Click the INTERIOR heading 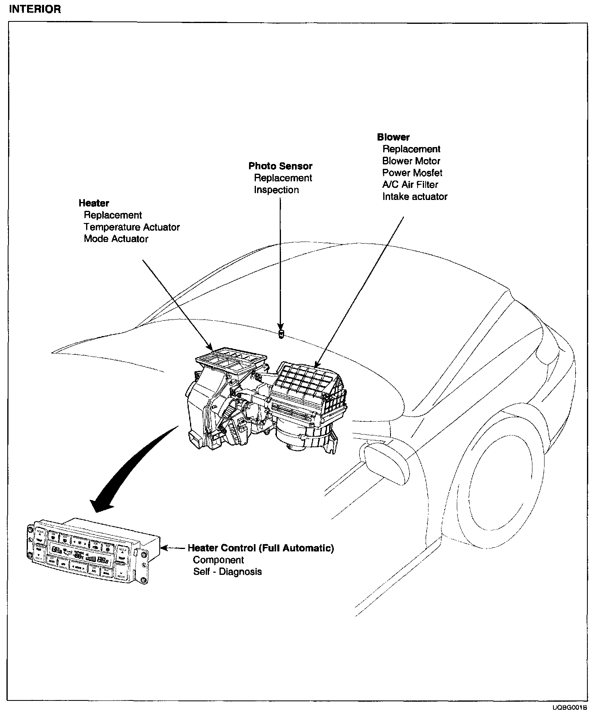tap(35, 9)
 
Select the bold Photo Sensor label tap(280, 166)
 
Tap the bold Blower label tap(393, 137)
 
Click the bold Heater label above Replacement tap(94, 203)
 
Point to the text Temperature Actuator tap(132, 227)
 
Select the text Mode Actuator tap(116, 239)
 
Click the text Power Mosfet tap(412, 173)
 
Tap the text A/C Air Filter tap(410, 185)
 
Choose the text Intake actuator tap(415, 197)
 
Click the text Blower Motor tap(411, 161)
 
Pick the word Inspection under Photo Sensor tap(277, 190)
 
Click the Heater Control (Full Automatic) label tap(261, 548)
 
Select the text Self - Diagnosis tap(227, 572)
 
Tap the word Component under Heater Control tap(218, 560)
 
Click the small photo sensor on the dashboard tap(281, 334)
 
